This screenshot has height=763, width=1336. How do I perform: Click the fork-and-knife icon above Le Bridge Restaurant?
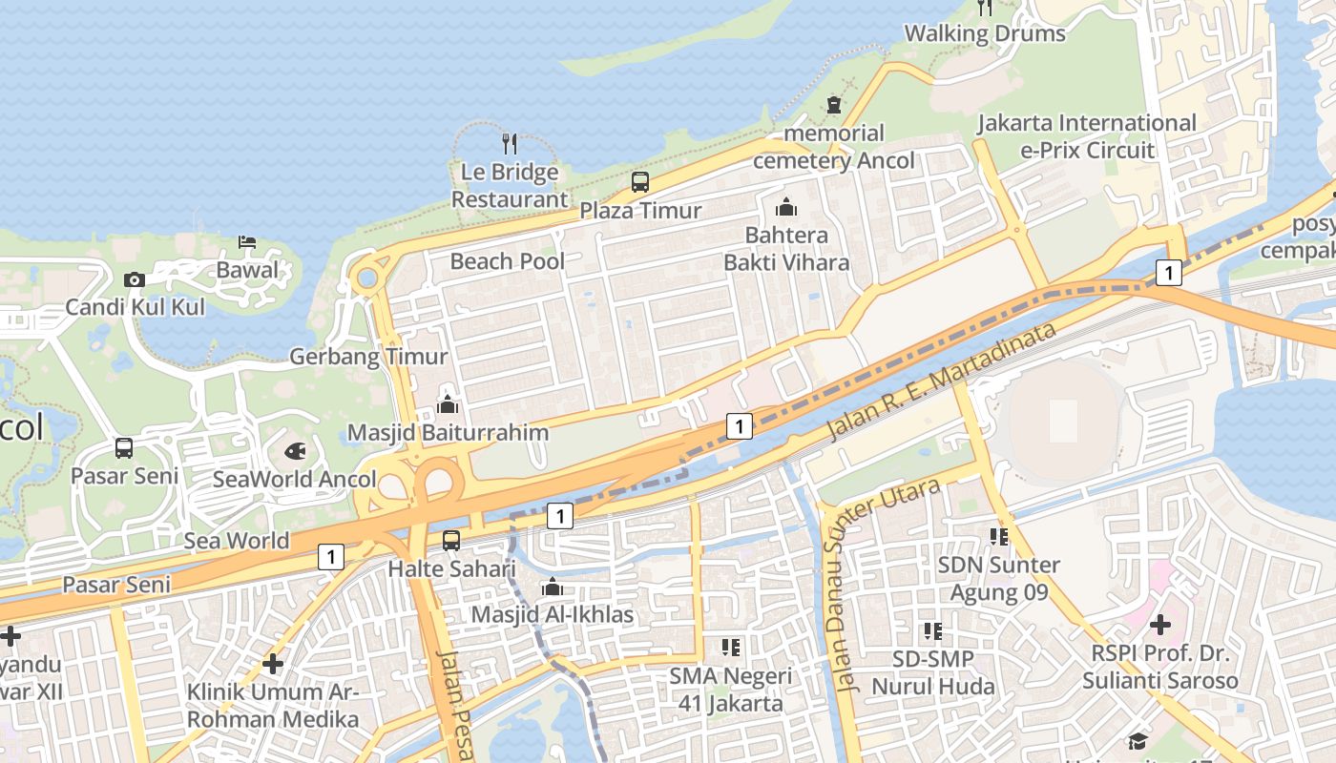[510, 144]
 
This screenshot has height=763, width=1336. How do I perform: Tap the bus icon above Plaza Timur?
[640, 181]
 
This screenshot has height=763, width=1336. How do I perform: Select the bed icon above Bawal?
[247, 241]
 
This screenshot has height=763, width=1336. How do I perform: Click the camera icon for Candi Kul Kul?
[135, 279]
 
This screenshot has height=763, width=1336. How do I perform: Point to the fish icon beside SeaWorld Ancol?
[296, 450]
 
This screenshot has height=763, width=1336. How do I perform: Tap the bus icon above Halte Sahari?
[451, 541]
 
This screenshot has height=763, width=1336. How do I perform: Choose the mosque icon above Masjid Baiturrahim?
[447, 404]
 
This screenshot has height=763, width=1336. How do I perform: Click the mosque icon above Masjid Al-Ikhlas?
[552, 587]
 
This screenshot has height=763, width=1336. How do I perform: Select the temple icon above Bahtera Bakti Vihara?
[786, 206]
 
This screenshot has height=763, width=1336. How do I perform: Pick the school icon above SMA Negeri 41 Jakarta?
[731, 649]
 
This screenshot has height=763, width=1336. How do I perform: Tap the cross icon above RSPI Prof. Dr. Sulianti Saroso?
[1159, 626]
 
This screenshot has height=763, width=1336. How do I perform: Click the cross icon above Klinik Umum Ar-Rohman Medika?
[273, 663]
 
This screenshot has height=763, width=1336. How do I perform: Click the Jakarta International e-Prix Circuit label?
[1087, 136]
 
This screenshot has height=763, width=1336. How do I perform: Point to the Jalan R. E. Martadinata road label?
[941, 381]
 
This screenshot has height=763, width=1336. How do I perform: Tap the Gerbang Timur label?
[368, 357]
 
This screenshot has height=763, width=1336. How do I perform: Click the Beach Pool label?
[508, 261]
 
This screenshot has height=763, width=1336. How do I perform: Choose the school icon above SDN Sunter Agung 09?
[999, 537]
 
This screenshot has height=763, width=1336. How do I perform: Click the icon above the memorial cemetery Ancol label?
[834, 105]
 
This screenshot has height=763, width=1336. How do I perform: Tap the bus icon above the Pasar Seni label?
[124, 448]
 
